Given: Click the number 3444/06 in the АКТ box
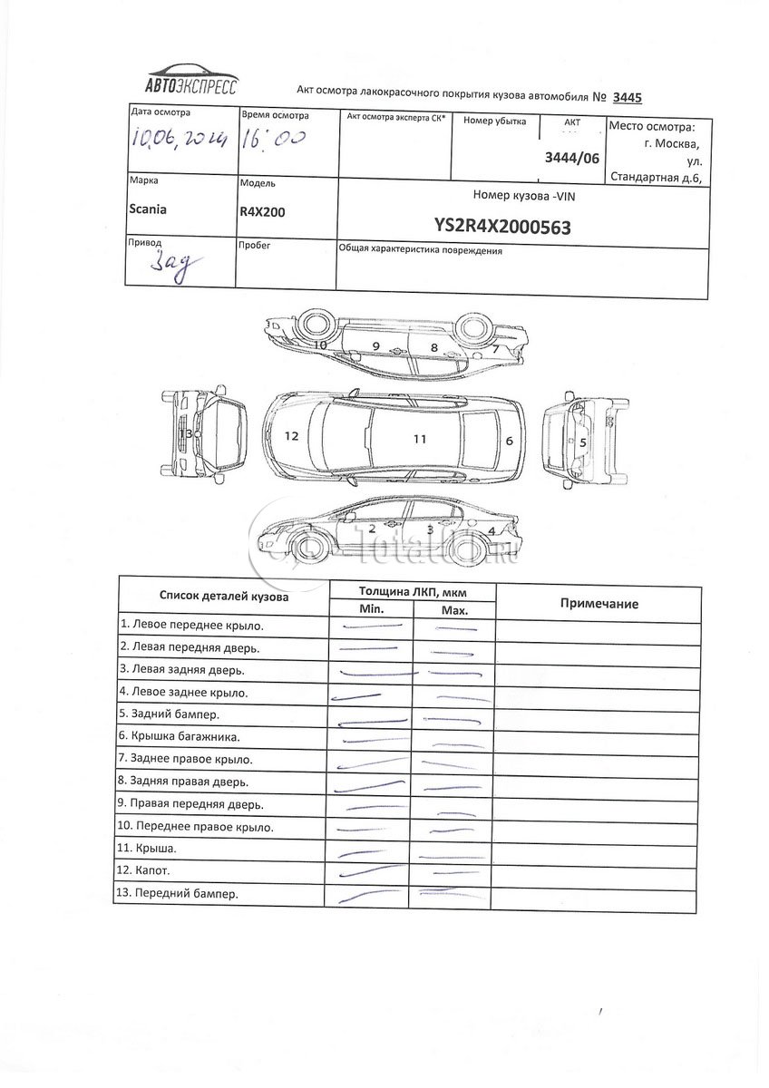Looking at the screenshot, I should pos(571,157).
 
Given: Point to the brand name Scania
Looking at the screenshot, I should pos(149,209).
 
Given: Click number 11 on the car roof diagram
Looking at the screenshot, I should pos(419,439).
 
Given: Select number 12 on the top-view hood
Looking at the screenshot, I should pos(291,436).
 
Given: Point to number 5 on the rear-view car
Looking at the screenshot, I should pos(583,442).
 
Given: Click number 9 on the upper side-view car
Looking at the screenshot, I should pos(375,347).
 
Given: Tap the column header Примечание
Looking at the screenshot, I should pos(599,604).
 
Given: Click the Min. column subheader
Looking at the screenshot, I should pos(373,609).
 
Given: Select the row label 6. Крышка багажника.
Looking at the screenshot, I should pos(185,737).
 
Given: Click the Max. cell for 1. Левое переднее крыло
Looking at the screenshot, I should pos(453,626).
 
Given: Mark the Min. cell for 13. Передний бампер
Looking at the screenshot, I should pos(372,894).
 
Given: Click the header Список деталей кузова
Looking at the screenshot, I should pos(224,597).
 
